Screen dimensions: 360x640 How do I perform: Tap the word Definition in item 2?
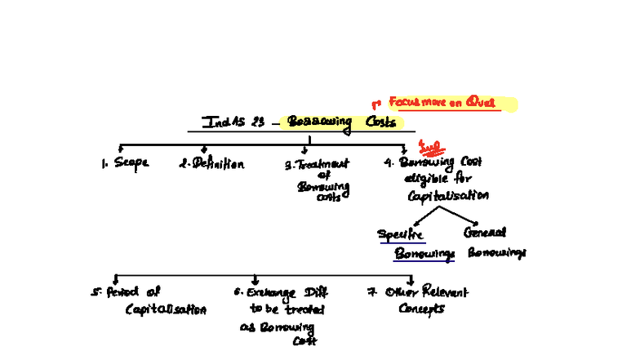217,164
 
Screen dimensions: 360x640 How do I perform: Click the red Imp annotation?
429,147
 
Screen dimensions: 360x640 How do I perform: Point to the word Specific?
401,234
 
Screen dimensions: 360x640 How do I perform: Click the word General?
485,233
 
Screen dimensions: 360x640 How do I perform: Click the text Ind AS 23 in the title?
233,123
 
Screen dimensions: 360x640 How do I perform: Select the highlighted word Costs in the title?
380,122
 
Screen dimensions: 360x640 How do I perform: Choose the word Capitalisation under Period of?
166,310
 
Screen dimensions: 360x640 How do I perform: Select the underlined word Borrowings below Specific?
424,254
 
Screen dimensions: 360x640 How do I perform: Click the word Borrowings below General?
496,253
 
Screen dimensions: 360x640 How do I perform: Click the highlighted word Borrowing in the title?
319,123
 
